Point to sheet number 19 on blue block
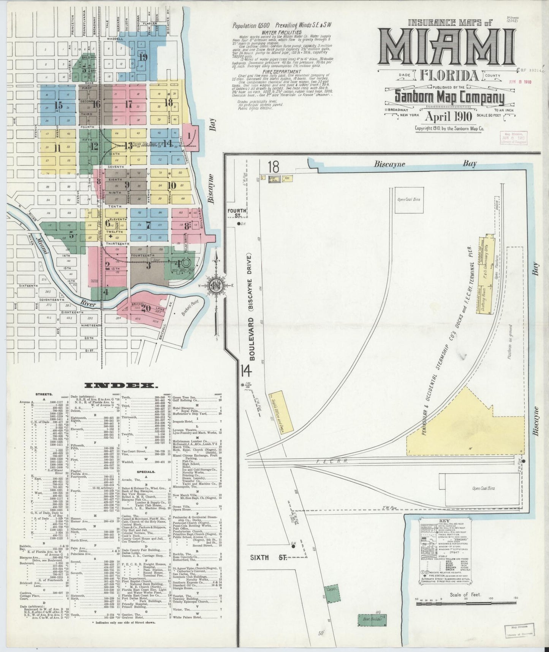143,57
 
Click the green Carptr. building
331,600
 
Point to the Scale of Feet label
465,594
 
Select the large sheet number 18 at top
273,167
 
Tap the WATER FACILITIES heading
282,33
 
